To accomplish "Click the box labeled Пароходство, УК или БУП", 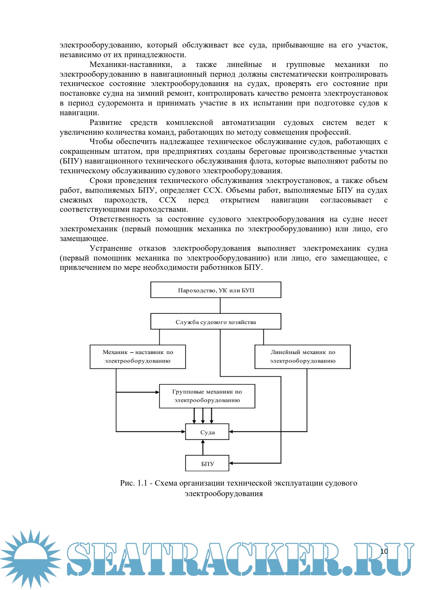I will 216,290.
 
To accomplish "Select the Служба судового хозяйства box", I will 216,322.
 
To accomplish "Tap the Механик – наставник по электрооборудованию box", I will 138,357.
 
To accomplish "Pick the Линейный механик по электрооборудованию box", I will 302,357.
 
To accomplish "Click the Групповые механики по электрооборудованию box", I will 207,396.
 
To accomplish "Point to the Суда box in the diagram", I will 207,432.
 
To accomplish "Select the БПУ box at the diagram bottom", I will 207,463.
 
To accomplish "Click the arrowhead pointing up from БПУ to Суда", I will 203,442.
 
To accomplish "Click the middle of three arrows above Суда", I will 203,421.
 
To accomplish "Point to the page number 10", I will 384,551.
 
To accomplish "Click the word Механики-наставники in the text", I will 131,65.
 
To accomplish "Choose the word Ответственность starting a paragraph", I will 120,219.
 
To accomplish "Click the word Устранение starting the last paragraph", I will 111,248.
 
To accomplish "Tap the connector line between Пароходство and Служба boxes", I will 220,306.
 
